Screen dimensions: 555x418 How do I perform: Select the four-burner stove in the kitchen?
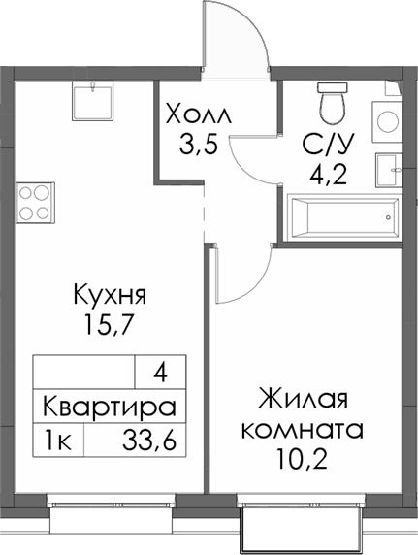click(x=33, y=201)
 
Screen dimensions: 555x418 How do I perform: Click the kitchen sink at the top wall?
click(x=94, y=96)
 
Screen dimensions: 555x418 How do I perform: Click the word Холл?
click(x=201, y=114)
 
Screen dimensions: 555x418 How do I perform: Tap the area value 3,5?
click(x=200, y=147)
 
